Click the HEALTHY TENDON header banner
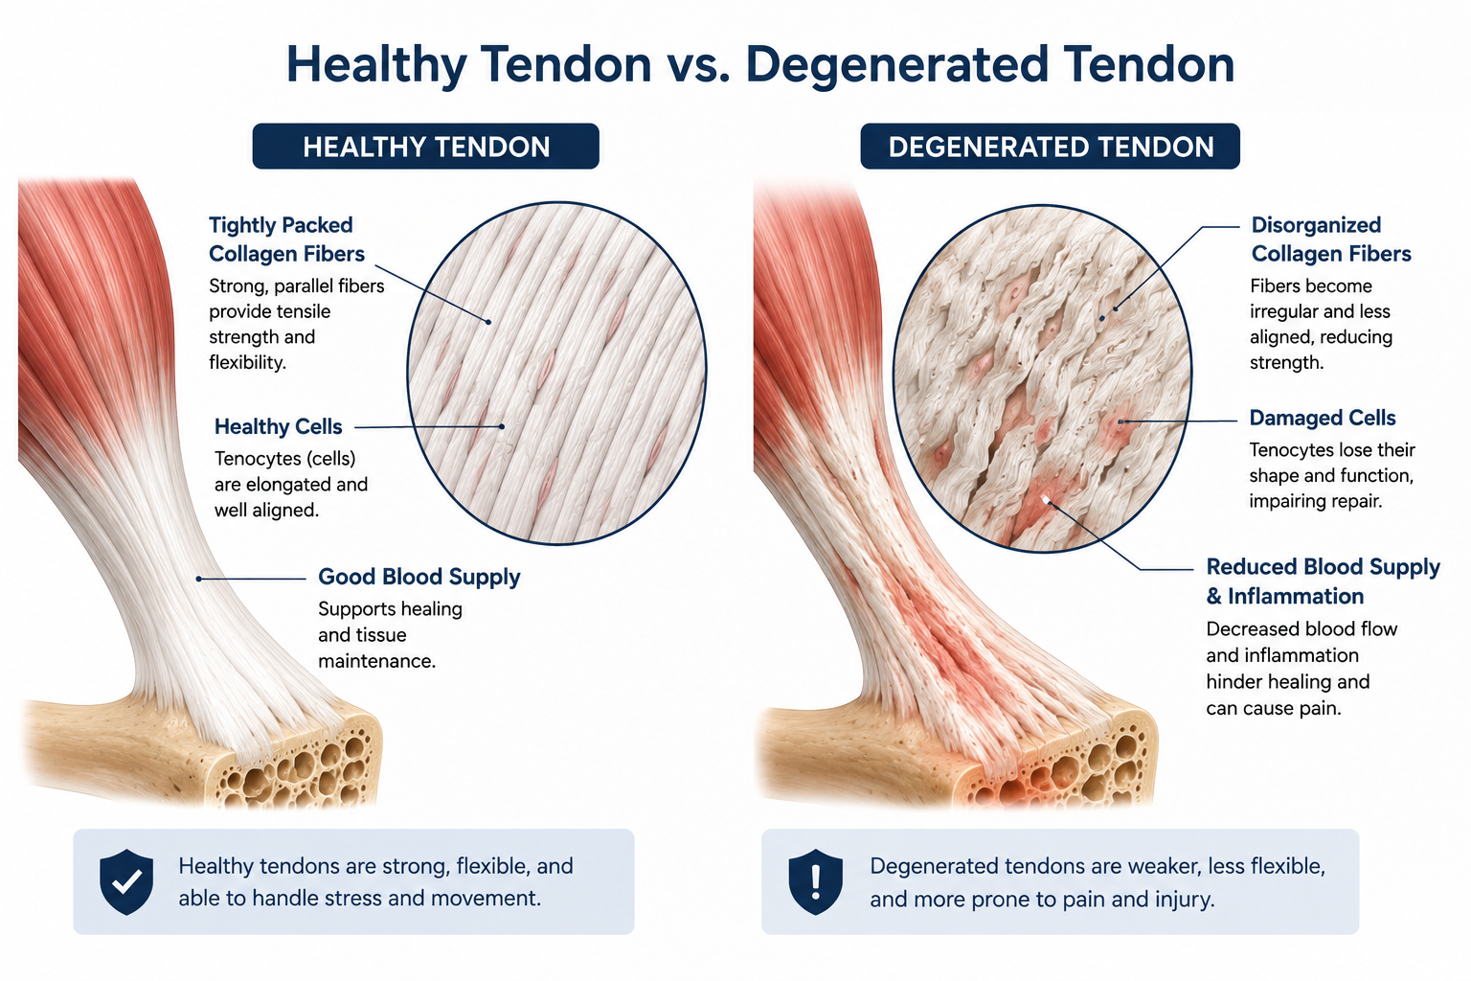(425, 146)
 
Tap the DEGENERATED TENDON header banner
(1050, 146)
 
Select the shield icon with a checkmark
(126, 881)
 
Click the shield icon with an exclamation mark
(816, 881)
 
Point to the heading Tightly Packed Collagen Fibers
(286, 240)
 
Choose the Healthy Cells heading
(278, 426)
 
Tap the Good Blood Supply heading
(419, 577)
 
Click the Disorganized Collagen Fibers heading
(1330, 240)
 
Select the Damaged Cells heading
(1322, 418)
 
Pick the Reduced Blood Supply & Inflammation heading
(1323, 582)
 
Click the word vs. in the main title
(698, 64)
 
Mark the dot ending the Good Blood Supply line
(198, 579)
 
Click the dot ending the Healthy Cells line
(502, 426)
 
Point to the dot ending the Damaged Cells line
(1121, 422)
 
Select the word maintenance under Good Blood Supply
(377, 661)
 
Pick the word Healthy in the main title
(377, 64)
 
